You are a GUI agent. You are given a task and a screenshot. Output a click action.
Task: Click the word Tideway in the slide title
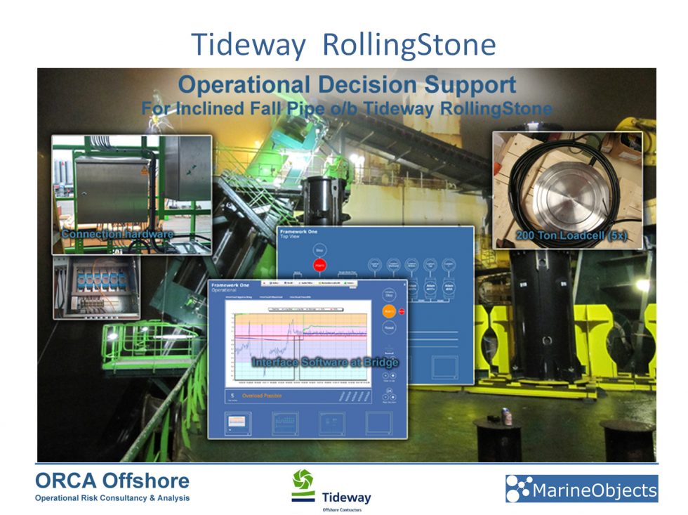tap(249, 44)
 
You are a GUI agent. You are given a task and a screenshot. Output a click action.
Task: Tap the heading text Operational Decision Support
tap(347, 85)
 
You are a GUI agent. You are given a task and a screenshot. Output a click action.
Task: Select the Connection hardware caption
tap(117, 233)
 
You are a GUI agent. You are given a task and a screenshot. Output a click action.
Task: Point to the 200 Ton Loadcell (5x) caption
tap(570, 237)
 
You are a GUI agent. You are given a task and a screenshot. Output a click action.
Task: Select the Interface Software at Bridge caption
tap(325, 362)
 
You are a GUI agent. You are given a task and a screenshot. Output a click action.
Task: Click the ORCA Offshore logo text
tap(112, 481)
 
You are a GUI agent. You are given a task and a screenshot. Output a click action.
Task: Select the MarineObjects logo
tap(581, 489)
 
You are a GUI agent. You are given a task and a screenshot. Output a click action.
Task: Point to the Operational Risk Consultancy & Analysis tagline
tap(112, 498)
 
